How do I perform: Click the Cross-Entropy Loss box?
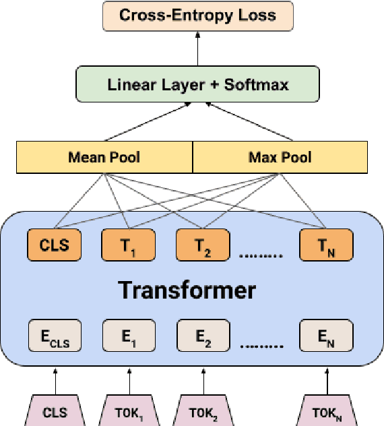(197, 16)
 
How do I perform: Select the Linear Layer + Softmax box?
(197, 84)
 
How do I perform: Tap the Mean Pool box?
(104, 157)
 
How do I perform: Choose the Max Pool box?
(280, 157)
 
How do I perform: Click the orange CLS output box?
(55, 245)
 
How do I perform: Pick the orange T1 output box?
(129, 245)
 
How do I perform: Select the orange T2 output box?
(203, 245)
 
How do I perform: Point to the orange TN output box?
(326, 245)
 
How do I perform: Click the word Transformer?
(187, 290)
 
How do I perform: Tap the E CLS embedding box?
(55, 336)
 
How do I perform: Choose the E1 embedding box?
(129, 336)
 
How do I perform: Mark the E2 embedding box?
(203, 336)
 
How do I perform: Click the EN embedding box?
(326, 336)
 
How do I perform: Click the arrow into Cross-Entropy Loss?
(197, 49)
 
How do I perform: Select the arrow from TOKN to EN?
(326, 382)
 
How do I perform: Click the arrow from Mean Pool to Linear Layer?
(145, 123)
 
